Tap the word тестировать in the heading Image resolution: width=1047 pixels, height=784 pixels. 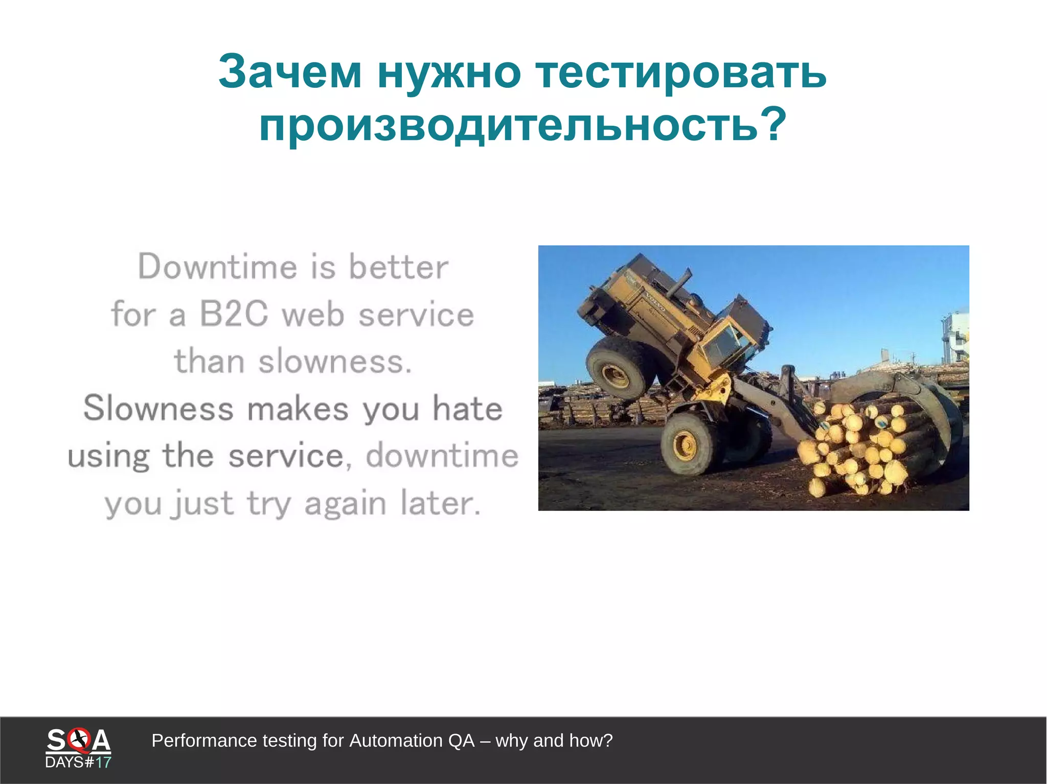coord(680,72)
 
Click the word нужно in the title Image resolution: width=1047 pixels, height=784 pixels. coord(449,72)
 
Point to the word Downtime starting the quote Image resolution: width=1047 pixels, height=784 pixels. coord(217,267)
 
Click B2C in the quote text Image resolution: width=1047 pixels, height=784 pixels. coord(233,314)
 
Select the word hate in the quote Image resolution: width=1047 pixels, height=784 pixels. coord(467,409)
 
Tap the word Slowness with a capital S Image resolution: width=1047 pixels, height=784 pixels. coord(158,409)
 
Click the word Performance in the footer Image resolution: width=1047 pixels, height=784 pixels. coord(204,741)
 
